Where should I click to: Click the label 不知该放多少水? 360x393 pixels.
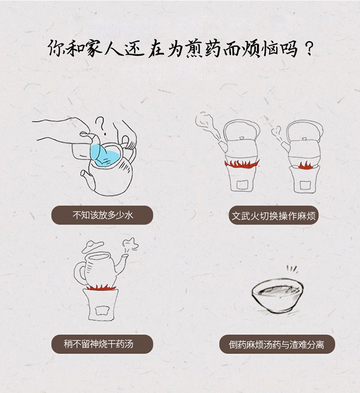[x=102, y=215]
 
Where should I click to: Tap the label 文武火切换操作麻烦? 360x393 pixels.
[x=274, y=216]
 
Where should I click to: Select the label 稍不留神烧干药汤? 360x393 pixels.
[x=98, y=344]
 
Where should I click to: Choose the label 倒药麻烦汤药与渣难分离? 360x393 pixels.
[x=276, y=344]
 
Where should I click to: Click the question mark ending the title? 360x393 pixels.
[x=310, y=49]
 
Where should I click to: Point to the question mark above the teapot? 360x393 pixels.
[x=101, y=125]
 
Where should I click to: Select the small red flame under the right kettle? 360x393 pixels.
[x=304, y=166]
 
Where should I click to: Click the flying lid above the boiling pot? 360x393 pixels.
[x=93, y=246]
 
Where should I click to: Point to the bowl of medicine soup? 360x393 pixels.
[x=277, y=296]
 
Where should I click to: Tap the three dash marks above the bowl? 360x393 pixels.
[x=292, y=269]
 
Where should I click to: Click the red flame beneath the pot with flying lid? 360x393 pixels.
[x=101, y=287]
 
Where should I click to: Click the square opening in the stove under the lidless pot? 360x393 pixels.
[x=101, y=310]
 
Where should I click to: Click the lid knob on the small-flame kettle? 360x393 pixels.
[x=304, y=139]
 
